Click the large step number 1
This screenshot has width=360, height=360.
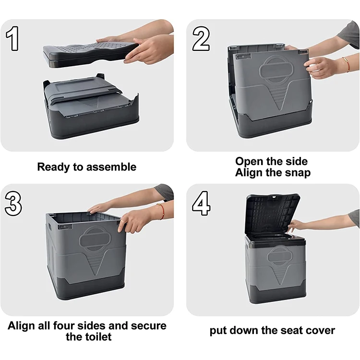click(x=12, y=38)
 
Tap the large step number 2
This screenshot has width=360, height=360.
click(x=201, y=38)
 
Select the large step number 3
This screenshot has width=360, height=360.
click(x=13, y=204)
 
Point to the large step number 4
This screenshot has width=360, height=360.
click(x=201, y=204)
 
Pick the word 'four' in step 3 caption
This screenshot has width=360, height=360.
click(x=63, y=326)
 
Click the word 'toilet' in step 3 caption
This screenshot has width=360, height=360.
click(x=98, y=337)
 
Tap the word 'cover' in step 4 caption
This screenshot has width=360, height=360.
click(x=320, y=331)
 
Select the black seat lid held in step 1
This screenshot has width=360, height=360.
click(x=91, y=54)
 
